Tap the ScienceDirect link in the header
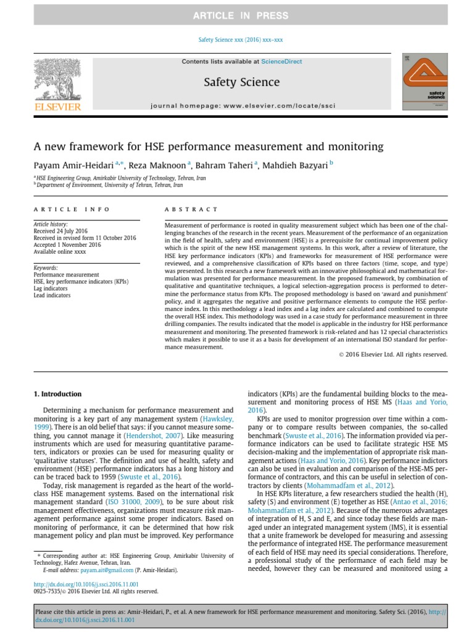point(280,62)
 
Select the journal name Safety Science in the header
point(241,82)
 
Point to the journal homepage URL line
point(243,106)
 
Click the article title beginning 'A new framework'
point(208,147)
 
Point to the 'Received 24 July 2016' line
point(61,231)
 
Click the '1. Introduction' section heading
point(57,394)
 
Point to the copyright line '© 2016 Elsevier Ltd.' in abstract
point(393,354)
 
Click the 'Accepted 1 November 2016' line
point(67,244)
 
